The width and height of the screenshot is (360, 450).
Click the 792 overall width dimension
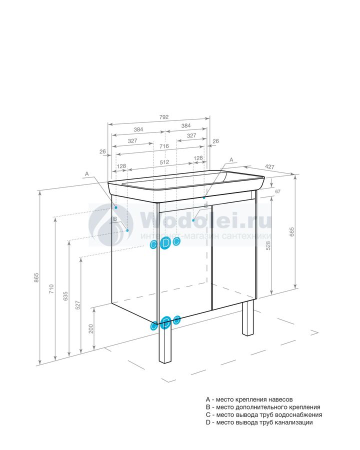click(164, 117)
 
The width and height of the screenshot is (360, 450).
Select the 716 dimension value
click(164, 146)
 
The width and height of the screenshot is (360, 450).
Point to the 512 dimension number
click(164, 162)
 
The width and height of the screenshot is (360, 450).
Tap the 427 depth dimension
click(269, 166)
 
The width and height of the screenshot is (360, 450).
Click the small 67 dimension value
click(277, 191)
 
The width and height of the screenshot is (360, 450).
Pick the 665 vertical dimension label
click(292, 232)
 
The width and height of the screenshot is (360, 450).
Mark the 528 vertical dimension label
click(268, 245)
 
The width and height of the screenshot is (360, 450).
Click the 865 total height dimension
click(36, 277)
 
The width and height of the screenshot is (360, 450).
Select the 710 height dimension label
click(51, 288)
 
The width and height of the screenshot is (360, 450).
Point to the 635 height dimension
click(65, 296)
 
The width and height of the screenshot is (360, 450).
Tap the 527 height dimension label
click(78, 305)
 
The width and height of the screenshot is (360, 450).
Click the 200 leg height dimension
click(91, 329)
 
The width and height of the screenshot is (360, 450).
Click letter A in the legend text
click(208, 399)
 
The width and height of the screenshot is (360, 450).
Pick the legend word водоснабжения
click(298, 415)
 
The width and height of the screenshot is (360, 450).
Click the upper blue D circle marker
click(165, 243)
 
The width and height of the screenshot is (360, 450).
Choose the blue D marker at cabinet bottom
click(165, 323)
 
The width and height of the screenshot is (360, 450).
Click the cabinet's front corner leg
click(165, 341)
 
